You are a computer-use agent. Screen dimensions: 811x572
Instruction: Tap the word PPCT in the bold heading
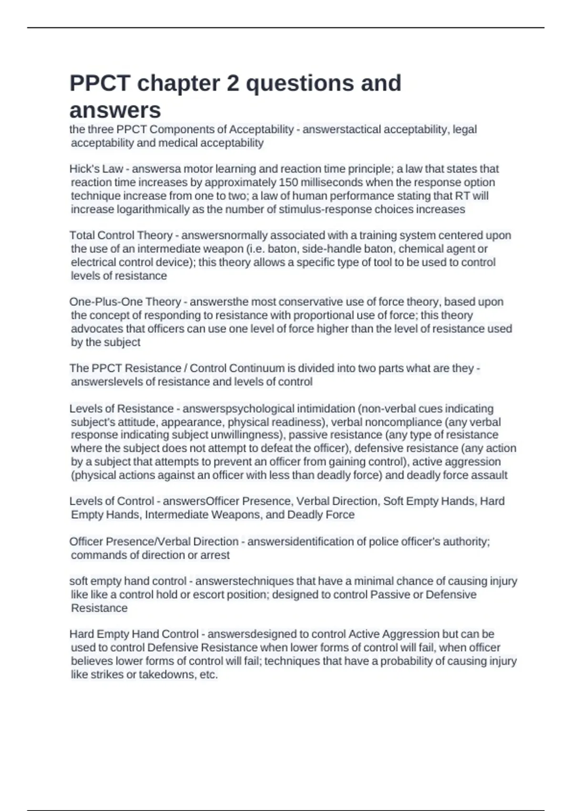100,83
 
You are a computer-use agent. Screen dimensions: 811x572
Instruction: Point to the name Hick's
83,169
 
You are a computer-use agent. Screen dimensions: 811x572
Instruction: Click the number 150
288,182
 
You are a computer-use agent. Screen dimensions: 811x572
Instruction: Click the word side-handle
331,249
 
